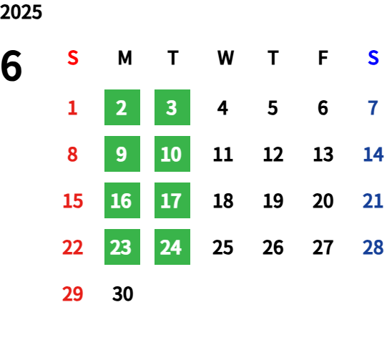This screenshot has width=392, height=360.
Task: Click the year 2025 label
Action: (x=21, y=12)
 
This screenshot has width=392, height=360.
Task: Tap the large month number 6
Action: (x=11, y=66)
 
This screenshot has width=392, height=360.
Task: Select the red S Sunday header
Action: (x=73, y=58)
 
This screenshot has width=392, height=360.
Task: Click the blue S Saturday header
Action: (x=373, y=58)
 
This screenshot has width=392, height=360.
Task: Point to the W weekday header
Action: (x=225, y=58)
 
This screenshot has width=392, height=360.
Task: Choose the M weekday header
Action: (x=124, y=58)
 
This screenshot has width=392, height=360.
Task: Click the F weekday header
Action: (x=323, y=58)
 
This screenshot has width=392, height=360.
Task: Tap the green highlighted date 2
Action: (x=122, y=107)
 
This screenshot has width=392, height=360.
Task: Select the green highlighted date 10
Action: (x=172, y=154)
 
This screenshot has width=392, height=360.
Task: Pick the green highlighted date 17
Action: (x=172, y=200)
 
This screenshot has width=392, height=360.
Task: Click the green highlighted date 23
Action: (x=122, y=247)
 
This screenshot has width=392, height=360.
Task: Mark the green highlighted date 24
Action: (x=172, y=247)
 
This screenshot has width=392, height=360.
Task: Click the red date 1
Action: (x=72, y=108)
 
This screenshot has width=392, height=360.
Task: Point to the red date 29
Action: (x=72, y=293)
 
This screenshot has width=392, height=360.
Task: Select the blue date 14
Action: (x=373, y=155)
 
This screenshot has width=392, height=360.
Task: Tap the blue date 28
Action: (x=373, y=248)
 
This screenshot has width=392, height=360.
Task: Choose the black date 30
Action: (x=122, y=293)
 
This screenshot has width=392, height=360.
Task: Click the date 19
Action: (x=273, y=201)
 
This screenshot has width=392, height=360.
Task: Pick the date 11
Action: (x=223, y=155)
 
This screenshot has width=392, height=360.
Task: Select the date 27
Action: (x=323, y=248)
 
